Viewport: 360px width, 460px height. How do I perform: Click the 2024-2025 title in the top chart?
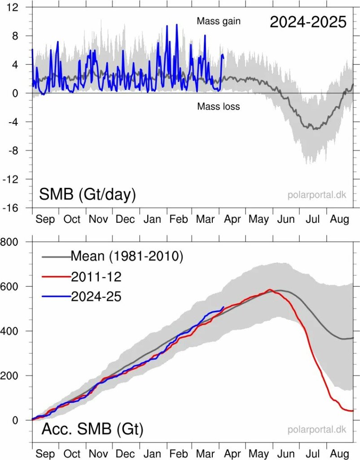point(308,22)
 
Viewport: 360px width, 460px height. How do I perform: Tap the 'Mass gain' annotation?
point(219,21)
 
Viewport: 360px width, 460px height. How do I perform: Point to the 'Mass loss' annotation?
point(219,106)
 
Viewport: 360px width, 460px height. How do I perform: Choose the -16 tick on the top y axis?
point(17,208)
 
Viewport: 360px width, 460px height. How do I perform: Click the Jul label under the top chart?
point(313,219)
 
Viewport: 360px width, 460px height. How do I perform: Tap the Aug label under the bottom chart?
point(340,454)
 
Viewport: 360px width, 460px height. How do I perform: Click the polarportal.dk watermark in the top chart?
point(317,195)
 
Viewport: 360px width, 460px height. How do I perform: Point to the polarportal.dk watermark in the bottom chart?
point(317,429)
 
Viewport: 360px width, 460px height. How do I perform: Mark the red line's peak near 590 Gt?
point(269,290)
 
